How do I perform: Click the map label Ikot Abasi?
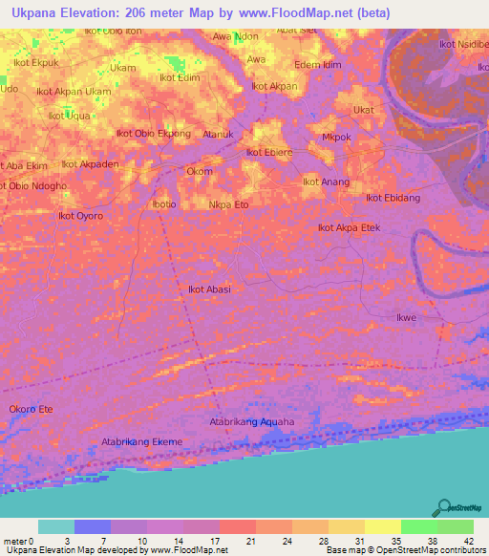tap(209, 289)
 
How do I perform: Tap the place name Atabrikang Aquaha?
tap(252, 421)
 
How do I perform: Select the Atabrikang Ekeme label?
tap(141, 442)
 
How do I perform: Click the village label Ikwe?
tap(408, 316)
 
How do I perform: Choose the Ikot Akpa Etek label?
tap(349, 228)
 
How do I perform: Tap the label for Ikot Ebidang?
tap(393, 198)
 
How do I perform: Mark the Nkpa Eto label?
tap(228, 204)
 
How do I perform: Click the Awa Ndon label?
tap(235, 36)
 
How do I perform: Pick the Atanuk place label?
tap(218, 135)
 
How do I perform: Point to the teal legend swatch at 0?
tap(56, 526)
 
